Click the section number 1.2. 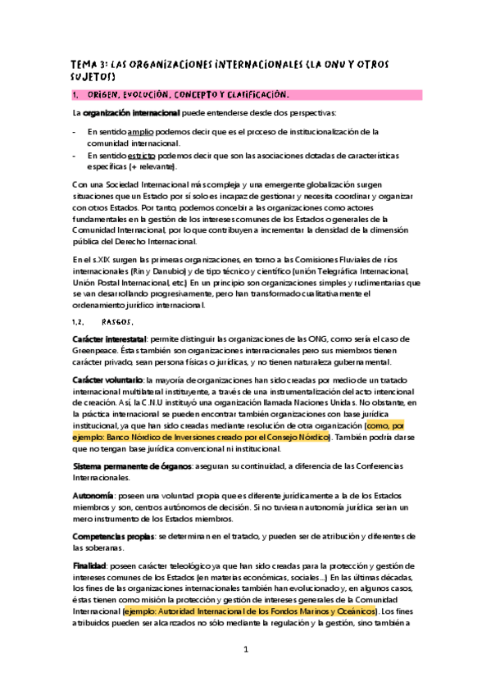[x=80, y=321]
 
